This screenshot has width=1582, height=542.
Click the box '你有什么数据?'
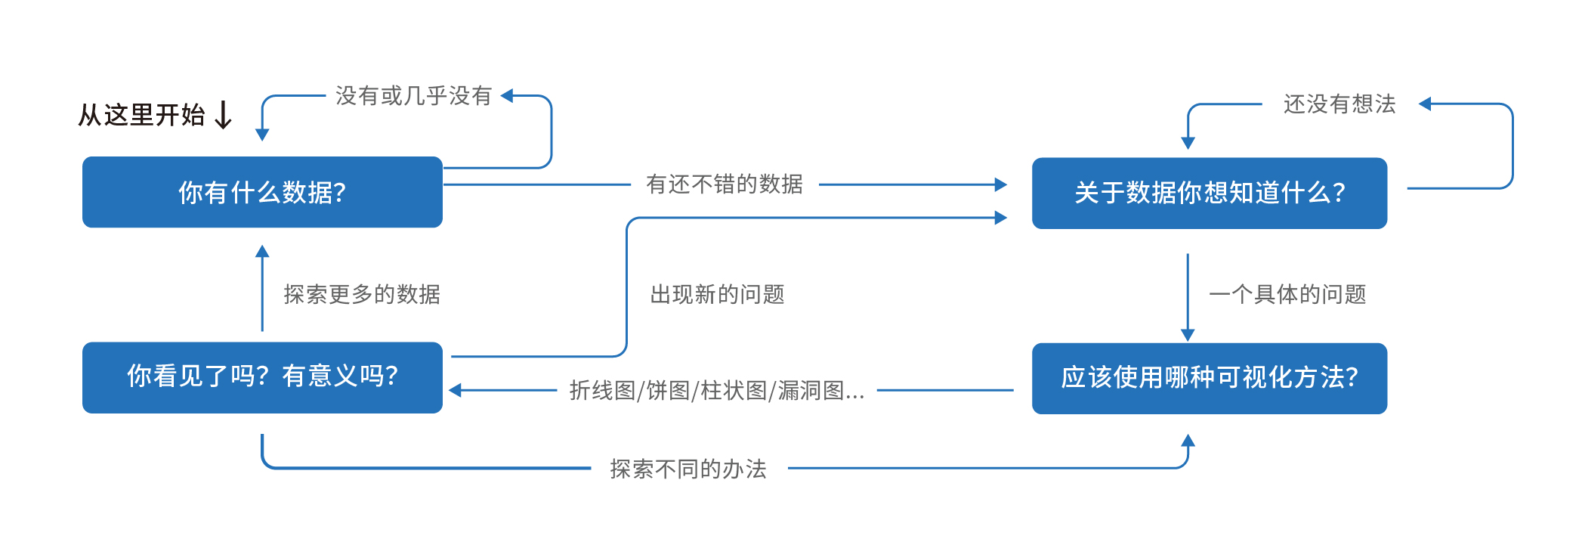[262, 192]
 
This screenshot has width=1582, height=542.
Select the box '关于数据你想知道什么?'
[1209, 193]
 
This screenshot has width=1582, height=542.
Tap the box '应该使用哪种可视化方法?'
[1209, 378]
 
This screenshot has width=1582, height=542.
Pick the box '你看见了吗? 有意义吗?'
[262, 377]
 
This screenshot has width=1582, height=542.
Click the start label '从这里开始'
[142, 115]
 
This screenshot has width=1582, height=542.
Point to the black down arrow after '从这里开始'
[223, 116]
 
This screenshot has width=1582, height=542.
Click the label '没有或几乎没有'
[413, 96]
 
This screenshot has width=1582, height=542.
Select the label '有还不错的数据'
[724, 184]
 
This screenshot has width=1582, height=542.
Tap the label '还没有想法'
[1339, 104]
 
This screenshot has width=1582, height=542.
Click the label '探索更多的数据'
[362, 294]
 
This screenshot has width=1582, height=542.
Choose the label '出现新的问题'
[717, 294]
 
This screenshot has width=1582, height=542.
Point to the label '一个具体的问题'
[1287, 294]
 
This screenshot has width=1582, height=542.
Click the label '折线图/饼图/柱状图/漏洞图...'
[716, 391]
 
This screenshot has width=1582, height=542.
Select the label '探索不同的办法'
[688, 469]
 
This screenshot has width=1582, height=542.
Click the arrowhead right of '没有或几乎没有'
[507, 96]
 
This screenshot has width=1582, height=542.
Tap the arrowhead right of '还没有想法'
[1425, 104]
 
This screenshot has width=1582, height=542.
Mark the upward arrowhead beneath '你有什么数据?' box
[262, 251]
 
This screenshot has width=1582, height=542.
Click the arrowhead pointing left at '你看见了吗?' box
[455, 391]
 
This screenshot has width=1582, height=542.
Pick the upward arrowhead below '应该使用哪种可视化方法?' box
[1188, 440]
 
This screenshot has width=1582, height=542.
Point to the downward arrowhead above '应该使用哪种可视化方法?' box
[1188, 335]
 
